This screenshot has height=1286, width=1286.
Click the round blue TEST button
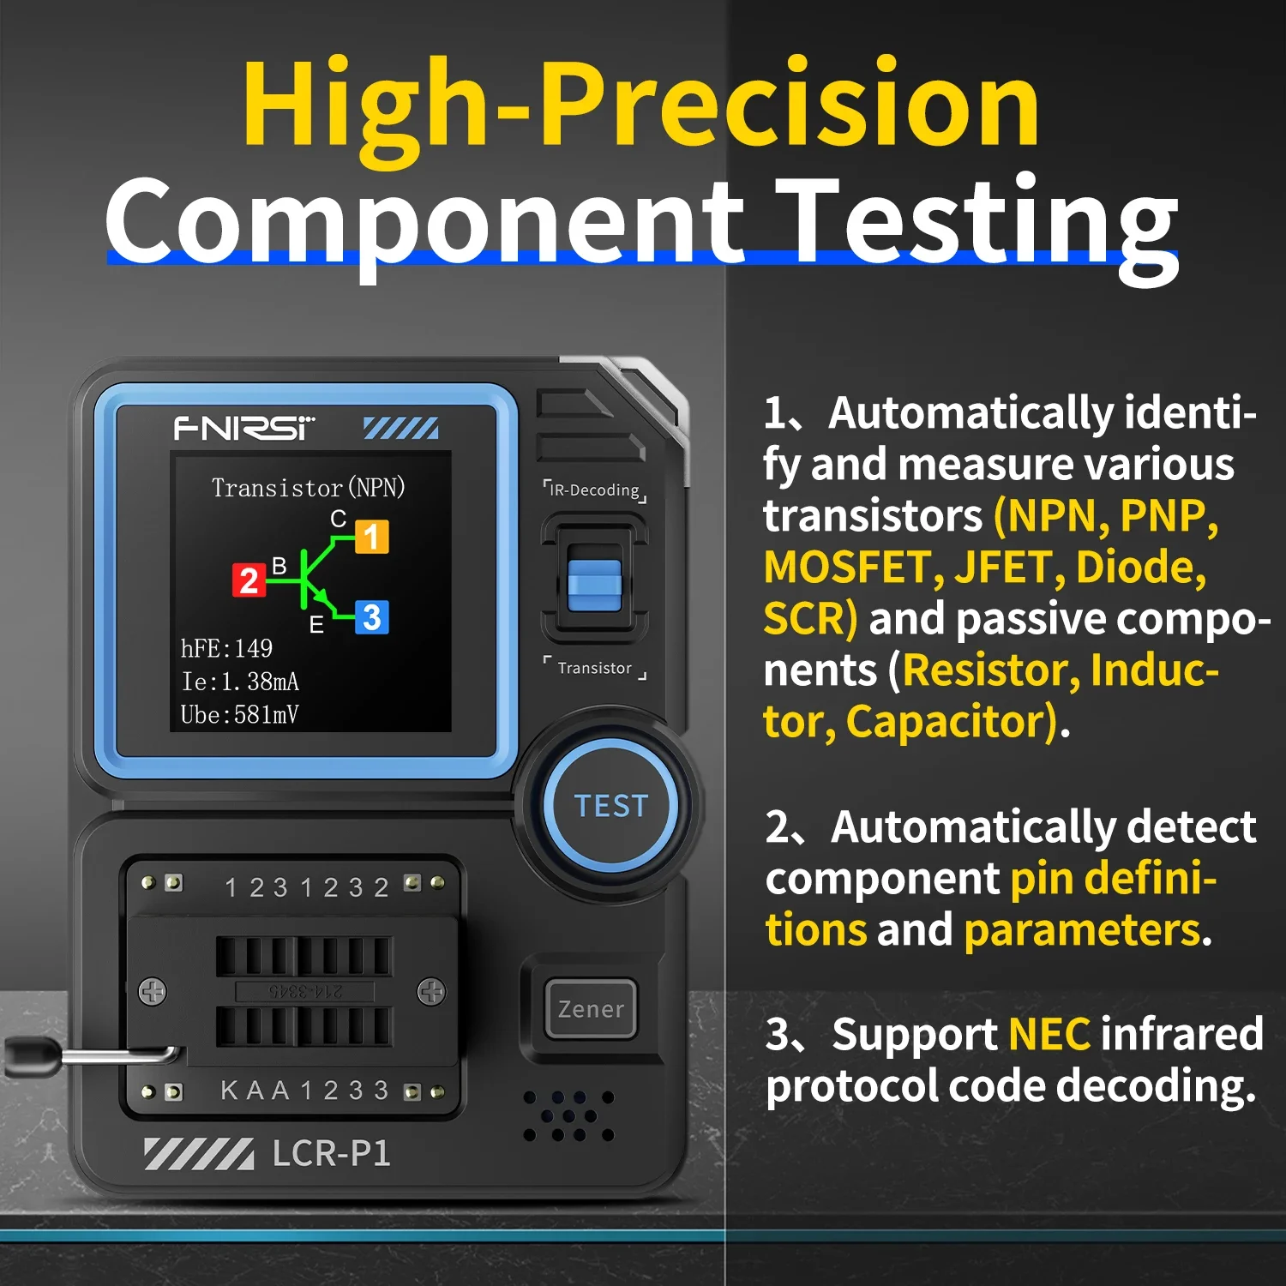[611, 806]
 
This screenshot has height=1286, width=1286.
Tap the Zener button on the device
[591, 1009]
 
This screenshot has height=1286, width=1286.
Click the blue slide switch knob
[594, 586]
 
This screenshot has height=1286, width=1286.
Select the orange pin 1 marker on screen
[371, 537]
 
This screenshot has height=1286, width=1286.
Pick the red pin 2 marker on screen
[249, 580]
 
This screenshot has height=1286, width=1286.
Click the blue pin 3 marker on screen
[371, 617]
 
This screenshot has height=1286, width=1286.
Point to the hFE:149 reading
[226, 648]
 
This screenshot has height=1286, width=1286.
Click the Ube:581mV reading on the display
[239, 714]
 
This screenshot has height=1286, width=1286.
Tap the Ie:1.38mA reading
[240, 682]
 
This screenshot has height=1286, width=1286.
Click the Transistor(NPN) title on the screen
[308, 488]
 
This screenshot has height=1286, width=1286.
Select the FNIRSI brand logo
[244, 427]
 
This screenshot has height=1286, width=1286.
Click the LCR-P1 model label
[331, 1154]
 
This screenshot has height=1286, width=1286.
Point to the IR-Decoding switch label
[595, 490]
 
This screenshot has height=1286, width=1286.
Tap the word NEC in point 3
[1049, 1034]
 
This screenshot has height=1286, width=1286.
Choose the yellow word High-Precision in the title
[641, 107]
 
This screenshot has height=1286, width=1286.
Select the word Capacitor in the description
[951, 722]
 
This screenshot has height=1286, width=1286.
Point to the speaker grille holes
[568, 1116]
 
